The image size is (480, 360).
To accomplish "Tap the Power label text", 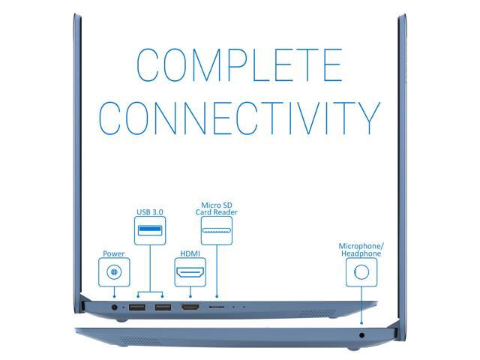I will tap(114, 254).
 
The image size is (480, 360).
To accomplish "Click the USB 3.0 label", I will tap(150, 211).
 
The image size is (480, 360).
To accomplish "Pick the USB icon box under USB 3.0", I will tap(150, 229).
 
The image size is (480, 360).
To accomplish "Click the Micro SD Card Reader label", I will tap(217, 208).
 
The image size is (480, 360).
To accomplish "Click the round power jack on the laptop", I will tap(114, 307).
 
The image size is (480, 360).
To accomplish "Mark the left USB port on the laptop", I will tap(136, 307).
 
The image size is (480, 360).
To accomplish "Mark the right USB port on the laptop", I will tap(163, 307).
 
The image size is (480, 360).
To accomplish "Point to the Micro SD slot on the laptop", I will tap(217, 307).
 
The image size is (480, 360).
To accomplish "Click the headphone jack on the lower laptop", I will tap(362, 334).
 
